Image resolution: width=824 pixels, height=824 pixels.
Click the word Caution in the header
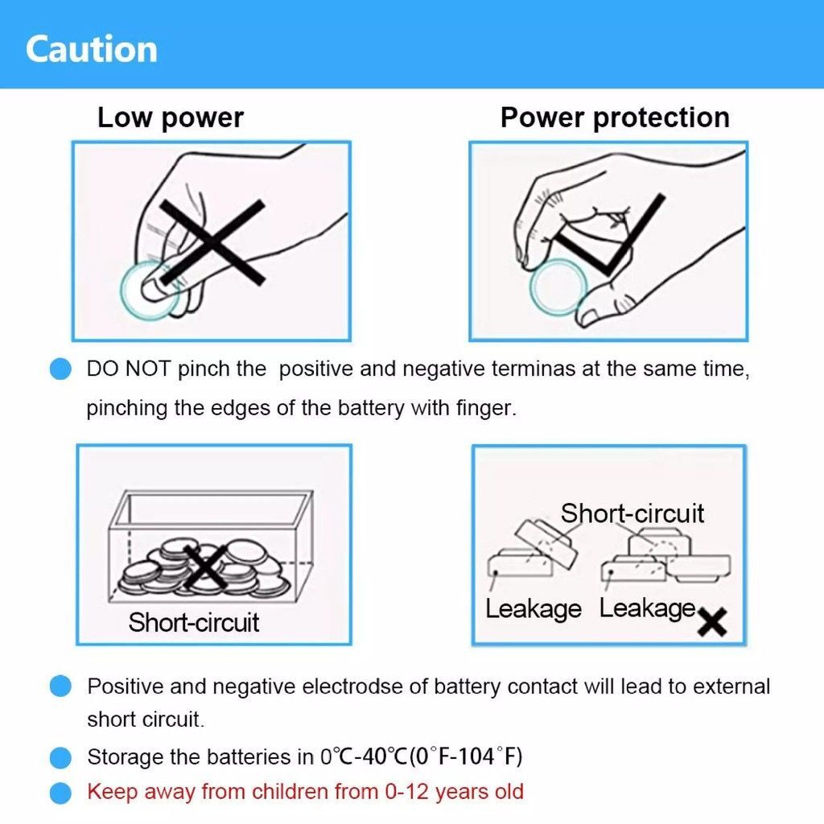pos(92,49)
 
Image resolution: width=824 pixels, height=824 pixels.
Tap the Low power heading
pos(171,118)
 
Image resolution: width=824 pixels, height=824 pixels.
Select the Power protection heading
pos(615,118)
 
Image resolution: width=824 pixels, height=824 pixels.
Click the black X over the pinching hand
pos(212,242)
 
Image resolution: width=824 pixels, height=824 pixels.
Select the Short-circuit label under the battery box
pos(193,622)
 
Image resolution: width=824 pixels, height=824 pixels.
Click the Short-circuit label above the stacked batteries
pos(632,513)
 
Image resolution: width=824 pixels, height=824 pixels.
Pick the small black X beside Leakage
pos(712,622)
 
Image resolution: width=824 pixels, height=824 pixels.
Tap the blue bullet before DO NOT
pos(60,369)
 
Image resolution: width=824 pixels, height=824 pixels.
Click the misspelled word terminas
pos(534,369)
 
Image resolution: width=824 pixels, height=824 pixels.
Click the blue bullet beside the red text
pos(60,793)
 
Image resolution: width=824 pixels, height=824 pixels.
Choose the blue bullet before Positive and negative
pos(60,686)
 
